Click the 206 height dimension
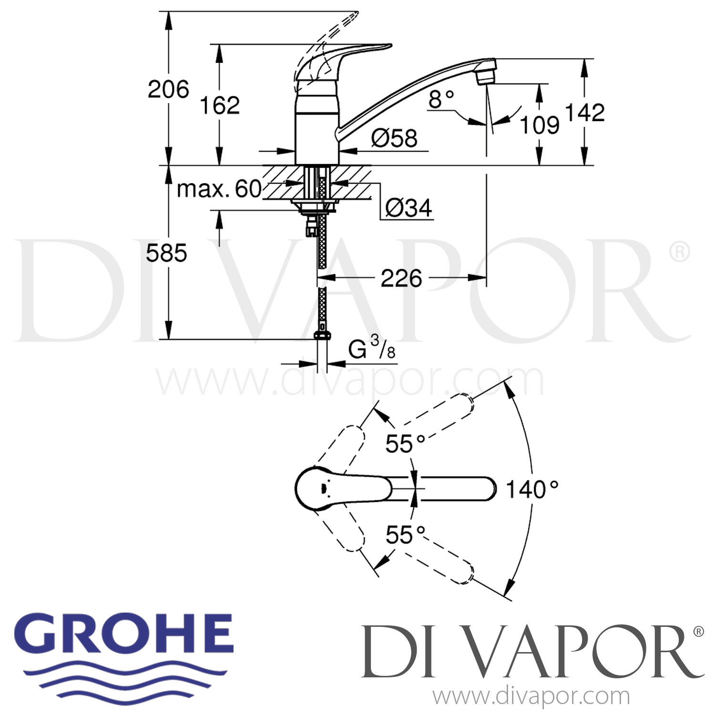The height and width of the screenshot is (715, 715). click(x=168, y=89)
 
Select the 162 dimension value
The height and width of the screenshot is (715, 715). click(x=219, y=105)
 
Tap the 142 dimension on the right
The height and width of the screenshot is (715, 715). click(x=584, y=112)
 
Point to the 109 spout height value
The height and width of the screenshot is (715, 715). click(x=539, y=125)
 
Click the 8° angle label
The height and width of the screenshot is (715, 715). click(x=441, y=100)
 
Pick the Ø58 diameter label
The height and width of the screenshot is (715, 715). click(x=394, y=138)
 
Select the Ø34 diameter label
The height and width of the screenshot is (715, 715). click(x=409, y=208)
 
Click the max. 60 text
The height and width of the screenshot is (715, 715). click(x=219, y=189)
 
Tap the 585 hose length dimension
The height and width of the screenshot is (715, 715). click(x=166, y=253)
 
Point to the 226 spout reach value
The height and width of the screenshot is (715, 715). click(x=401, y=278)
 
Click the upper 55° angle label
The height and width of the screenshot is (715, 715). click(x=405, y=444)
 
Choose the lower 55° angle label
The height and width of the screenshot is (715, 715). click(x=405, y=535)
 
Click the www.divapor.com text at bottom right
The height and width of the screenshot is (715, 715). click(x=531, y=697)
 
